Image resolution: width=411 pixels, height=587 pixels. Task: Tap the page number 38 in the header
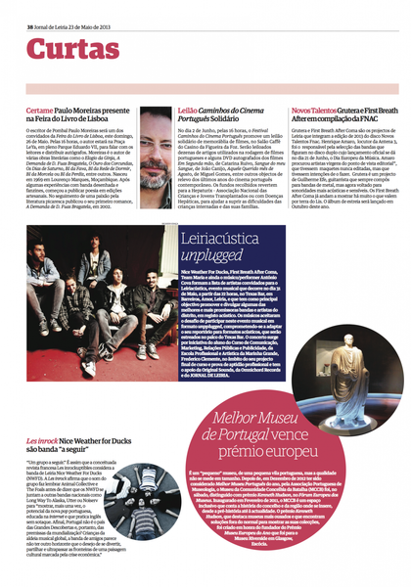click(28, 11)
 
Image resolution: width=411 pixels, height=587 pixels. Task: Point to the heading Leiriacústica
click(234, 239)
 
